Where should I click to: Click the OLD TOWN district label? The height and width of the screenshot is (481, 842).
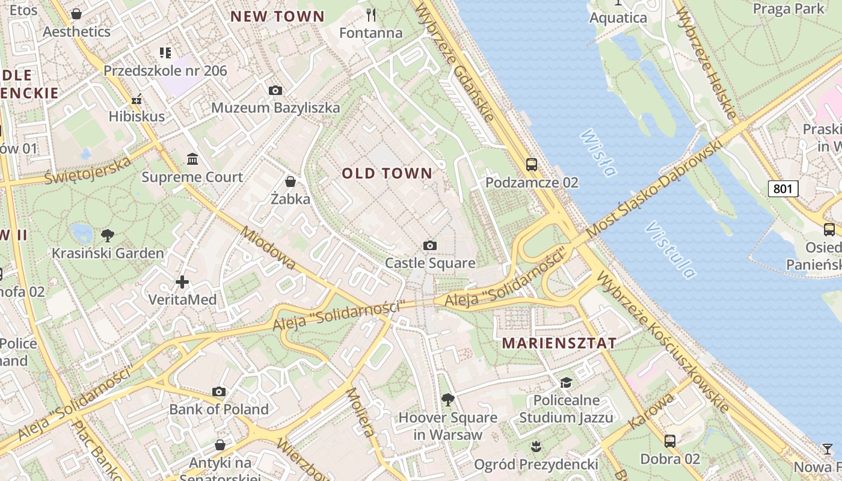coord(387,174)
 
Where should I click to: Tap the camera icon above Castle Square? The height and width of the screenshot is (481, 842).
coord(429,245)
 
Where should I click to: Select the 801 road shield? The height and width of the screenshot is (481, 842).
coord(782,189)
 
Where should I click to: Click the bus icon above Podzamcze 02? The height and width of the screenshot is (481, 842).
coord(531,164)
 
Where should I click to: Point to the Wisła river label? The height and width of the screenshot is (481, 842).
coord(599,153)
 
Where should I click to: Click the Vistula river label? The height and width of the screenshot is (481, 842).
coord(671,250)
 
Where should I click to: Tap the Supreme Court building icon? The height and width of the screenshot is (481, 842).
coord(192,159)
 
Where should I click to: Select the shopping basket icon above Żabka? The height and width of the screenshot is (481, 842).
coord(290,182)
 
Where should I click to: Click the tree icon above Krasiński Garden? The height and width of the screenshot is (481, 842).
coord(108,235)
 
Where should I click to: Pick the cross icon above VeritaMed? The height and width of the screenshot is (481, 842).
coord(182,281)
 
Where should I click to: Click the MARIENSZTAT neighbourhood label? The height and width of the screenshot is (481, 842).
coord(559,343)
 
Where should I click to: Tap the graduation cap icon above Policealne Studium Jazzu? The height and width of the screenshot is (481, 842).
coord(566,382)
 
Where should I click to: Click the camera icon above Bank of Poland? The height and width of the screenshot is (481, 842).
coord(219,392)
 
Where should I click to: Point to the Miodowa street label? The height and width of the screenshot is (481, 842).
coord(268,247)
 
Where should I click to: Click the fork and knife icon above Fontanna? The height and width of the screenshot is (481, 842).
coord(371,14)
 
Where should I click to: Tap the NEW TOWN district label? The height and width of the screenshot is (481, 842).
coord(277,17)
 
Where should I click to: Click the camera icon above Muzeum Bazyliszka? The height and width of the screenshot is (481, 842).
coord(275,91)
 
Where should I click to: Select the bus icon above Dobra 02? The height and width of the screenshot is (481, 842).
coord(670,441)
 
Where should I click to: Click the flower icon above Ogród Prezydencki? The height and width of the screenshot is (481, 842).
coord(535,446)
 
